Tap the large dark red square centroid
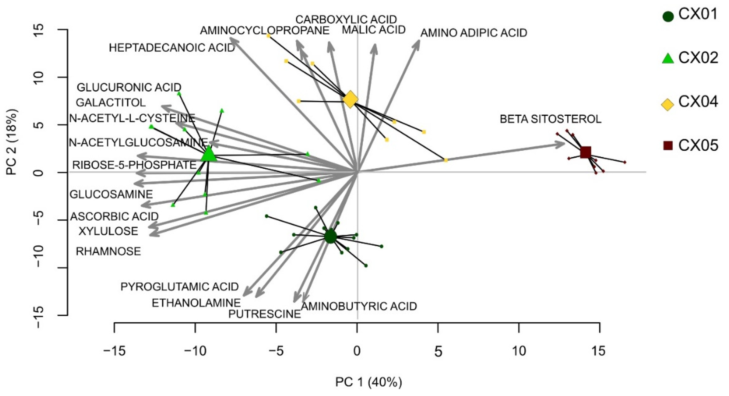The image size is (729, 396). (585, 152)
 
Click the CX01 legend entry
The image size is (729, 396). (689, 15)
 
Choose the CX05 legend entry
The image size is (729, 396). (689, 146)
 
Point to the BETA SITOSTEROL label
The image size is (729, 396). (550, 119)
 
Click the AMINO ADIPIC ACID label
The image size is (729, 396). (473, 33)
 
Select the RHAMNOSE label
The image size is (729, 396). (108, 251)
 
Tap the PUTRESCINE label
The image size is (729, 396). (264, 314)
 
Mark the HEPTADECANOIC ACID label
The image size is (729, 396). (172, 48)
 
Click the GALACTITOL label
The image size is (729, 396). (111, 102)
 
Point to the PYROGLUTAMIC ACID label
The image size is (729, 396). (180, 287)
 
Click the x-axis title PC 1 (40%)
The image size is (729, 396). (369, 382)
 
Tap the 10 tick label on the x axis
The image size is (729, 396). (519, 351)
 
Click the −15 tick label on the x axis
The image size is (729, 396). (114, 351)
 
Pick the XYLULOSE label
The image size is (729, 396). (108, 231)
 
